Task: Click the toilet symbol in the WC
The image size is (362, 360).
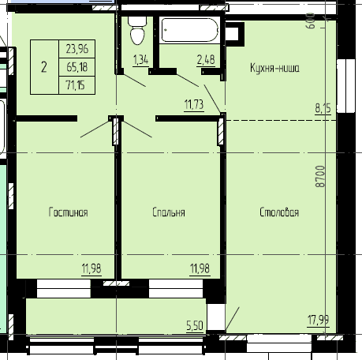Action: (x=136, y=31)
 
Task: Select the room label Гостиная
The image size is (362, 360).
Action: (x=68, y=212)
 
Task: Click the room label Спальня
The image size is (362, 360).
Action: (x=169, y=212)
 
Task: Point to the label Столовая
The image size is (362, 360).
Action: (x=279, y=212)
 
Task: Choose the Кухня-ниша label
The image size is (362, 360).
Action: (x=274, y=69)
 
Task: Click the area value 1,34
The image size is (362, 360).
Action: (x=141, y=59)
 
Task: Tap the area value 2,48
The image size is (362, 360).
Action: (x=205, y=58)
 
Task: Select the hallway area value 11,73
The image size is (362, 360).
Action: (x=194, y=103)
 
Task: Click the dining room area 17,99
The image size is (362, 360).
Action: (x=319, y=319)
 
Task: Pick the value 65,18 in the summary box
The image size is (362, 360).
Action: (x=78, y=66)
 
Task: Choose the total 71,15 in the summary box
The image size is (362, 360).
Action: (x=78, y=83)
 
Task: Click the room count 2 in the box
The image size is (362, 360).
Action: (x=43, y=66)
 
